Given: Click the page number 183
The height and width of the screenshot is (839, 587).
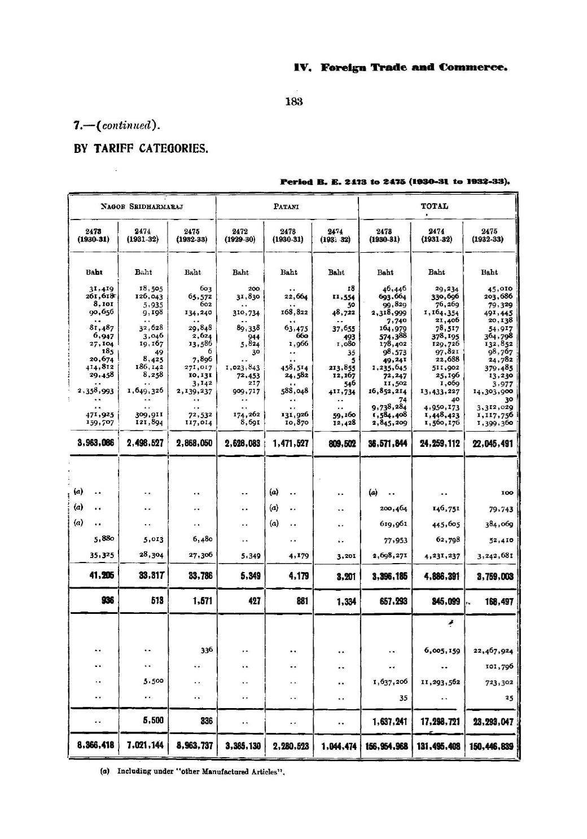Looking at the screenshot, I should coord(294,102).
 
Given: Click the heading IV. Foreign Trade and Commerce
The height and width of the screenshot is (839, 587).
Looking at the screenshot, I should coord(401,68).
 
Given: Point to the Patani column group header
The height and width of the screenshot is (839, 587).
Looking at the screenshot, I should coord(287,207).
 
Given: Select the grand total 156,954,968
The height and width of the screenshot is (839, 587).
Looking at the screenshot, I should coord(386,745).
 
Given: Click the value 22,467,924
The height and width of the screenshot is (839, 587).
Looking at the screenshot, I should coord(493,651).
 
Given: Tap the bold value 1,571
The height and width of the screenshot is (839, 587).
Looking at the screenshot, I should coord(201,601).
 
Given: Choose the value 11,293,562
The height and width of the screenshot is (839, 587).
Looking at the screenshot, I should coord(439,682).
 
